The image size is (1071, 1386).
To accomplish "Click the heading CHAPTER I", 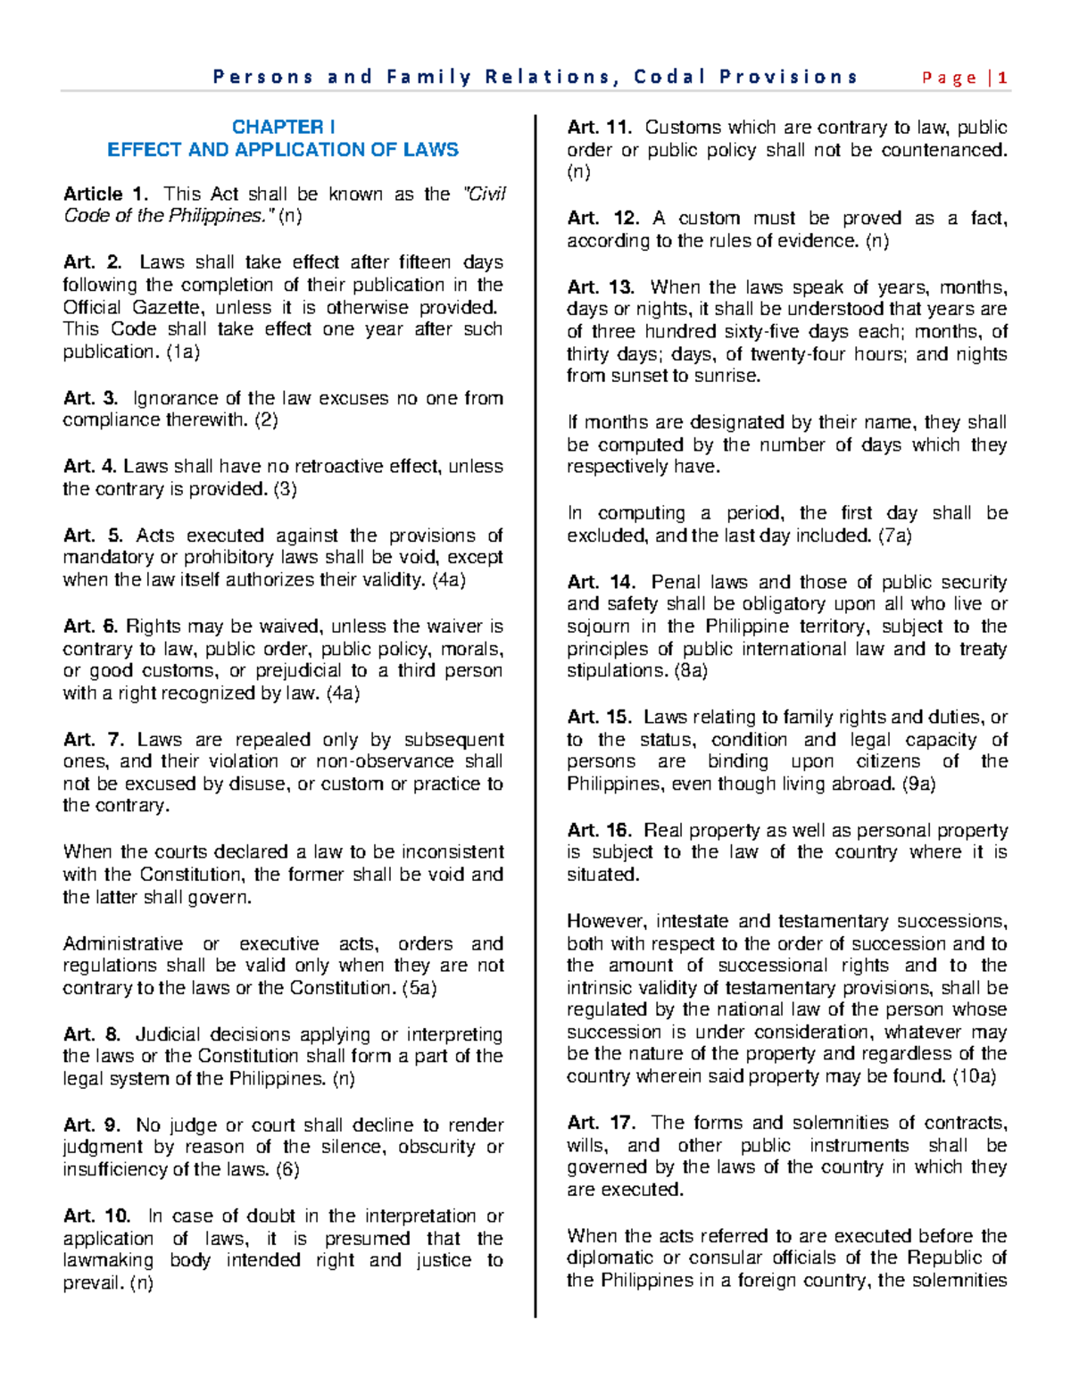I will point(283,128).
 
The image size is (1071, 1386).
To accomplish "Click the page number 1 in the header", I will point(1003,78).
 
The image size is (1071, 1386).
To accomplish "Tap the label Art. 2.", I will point(92,262).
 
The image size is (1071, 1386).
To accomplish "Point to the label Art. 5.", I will point(92,535).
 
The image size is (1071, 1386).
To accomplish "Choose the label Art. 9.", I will point(92,1125).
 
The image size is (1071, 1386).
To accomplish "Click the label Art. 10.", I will point(96,1216).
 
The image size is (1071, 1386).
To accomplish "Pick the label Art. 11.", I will point(600,128).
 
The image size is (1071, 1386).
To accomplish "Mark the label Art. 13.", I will point(600,287).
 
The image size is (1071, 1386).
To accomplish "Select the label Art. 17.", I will point(601,1123).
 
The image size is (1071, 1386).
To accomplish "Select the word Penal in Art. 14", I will point(676,583).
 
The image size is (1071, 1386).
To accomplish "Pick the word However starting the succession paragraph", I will point(606,921).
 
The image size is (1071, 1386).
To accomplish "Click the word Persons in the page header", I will point(263,78).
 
